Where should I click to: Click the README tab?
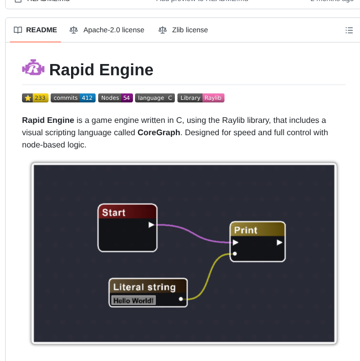click(x=35, y=30)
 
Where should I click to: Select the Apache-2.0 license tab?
click(x=107, y=30)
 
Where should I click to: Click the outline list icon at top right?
click(x=349, y=30)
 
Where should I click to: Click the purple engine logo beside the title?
click(x=33, y=68)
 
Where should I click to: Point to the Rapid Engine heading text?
click(x=101, y=69)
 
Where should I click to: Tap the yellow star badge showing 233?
click(x=35, y=98)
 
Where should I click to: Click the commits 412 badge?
click(x=73, y=98)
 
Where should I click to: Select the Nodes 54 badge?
click(x=116, y=98)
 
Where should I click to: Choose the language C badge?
click(x=155, y=98)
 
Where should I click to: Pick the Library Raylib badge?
click(x=201, y=98)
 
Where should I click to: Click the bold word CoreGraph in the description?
click(x=159, y=133)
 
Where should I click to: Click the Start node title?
click(x=114, y=213)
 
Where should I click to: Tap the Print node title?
click(x=245, y=230)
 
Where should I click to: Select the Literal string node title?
click(x=144, y=287)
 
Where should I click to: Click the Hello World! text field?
click(x=133, y=301)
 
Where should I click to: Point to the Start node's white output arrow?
click(x=151, y=224)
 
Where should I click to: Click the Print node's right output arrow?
click(x=279, y=242)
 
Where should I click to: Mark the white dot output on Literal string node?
click(x=181, y=299)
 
